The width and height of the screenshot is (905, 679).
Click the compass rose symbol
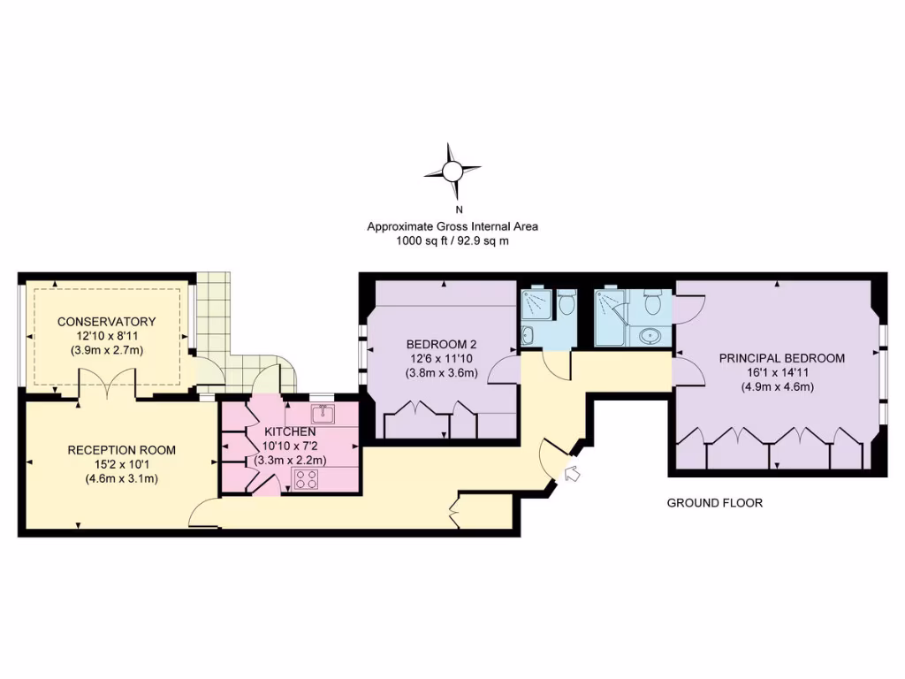[452, 170]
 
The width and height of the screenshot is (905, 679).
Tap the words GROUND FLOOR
[714, 503]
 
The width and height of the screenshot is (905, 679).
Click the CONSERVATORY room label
[106, 322]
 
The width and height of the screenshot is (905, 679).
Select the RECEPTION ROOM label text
[121, 450]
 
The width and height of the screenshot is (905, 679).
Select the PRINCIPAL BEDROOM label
[781, 358]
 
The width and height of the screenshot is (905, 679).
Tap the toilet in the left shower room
[567, 302]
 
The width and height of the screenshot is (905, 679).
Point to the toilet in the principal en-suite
[654, 302]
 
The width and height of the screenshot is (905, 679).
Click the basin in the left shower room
[528, 335]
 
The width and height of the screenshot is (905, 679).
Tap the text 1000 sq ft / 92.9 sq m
[452, 240]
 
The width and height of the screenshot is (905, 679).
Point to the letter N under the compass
[458, 210]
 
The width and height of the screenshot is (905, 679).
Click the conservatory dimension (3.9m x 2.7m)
[106, 350]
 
